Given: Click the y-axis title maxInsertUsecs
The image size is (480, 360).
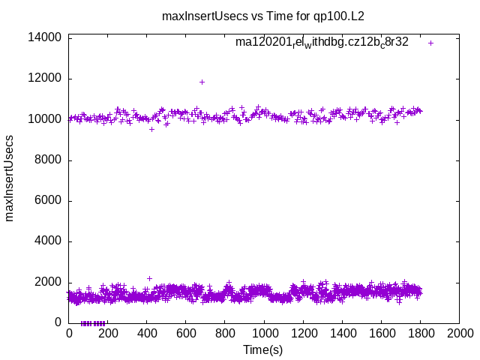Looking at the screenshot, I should point(10,178).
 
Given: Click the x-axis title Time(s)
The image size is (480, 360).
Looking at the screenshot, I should point(263,349).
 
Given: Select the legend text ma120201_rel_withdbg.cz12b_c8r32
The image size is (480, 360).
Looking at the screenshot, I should point(322,42).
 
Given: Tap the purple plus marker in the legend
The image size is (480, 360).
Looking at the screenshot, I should point(430,43).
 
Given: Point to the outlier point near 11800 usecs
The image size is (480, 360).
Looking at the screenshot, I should point(202,82).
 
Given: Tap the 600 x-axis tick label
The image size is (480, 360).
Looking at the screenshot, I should point(186,333).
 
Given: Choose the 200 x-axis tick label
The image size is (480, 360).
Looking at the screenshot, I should point(108,333).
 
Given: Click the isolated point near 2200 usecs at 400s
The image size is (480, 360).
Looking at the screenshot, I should point(149,278).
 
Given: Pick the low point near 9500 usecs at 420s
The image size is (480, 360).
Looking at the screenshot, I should point(151,129).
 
